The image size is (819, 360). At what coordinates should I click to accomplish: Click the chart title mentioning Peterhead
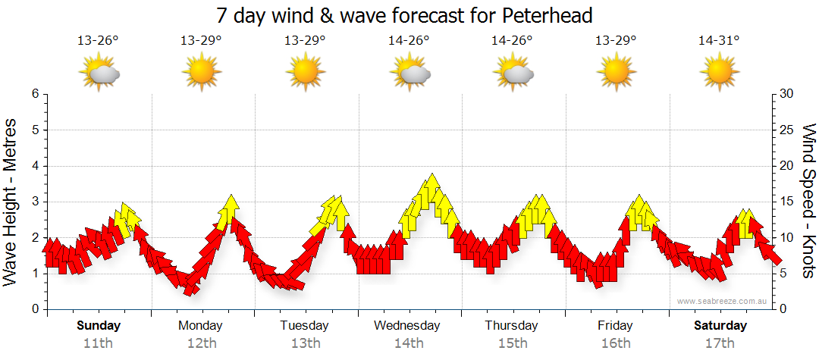(x=404, y=15)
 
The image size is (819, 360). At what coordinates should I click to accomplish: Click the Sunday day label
(x=99, y=326)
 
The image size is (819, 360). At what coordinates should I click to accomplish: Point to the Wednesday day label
(x=406, y=326)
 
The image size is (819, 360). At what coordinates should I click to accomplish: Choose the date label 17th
(x=720, y=343)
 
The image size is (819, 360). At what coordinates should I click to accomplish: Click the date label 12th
(x=202, y=343)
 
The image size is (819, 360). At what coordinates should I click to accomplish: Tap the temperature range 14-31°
(x=719, y=41)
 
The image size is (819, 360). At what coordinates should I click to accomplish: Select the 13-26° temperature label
(x=98, y=41)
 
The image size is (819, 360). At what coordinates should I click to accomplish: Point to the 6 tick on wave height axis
(x=35, y=94)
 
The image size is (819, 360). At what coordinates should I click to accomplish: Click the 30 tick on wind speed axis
(x=786, y=94)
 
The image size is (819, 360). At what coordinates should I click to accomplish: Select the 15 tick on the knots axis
(x=786, y=202)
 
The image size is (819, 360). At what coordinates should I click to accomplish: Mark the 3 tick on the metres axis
(x=35, y=202)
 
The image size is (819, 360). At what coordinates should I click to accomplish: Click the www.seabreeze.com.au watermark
(x=723, y=301)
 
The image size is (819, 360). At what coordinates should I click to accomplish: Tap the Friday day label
(x=615, y=326)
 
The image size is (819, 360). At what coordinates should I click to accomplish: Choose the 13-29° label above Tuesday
(x=305, y=41)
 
